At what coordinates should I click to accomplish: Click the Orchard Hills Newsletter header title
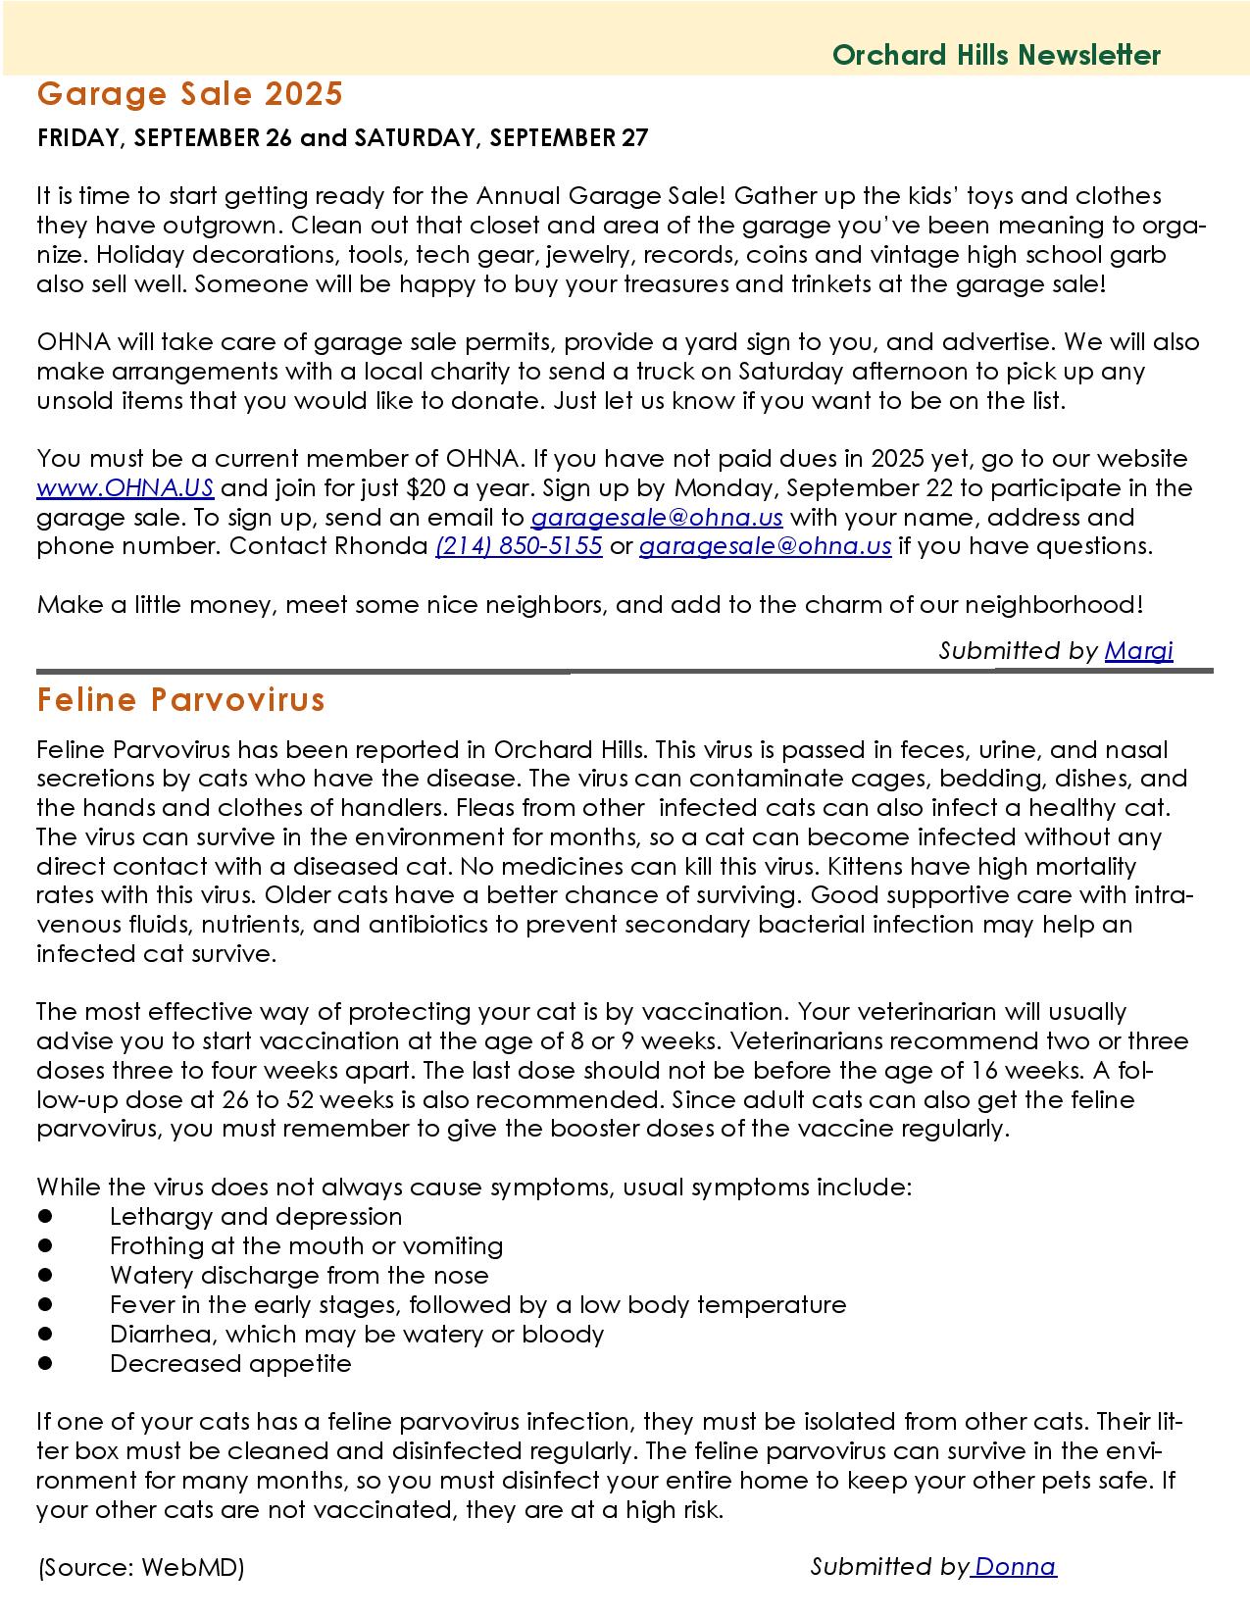point(996,55)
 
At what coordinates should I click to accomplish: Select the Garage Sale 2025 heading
point(189,94)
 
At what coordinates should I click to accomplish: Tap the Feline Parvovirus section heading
point(180,700)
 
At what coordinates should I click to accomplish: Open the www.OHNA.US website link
point(125,488)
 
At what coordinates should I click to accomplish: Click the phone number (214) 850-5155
point(519,546)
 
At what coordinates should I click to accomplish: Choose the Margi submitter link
point(1138,650)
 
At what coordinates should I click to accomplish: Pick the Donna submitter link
point(1016,1566)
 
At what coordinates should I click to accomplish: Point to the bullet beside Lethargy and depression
point(45,1217)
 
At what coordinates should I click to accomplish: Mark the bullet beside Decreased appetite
point(45,1364)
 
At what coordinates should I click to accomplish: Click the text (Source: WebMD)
point(140,1567)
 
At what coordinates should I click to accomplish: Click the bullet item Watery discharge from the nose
point(298,1276)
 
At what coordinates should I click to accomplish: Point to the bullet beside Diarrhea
point(45,1335)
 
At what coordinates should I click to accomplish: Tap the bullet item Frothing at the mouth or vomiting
point(306,1246)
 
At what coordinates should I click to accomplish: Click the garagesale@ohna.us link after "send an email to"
point(656,518)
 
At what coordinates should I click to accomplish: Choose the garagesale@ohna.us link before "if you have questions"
point(765,546)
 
